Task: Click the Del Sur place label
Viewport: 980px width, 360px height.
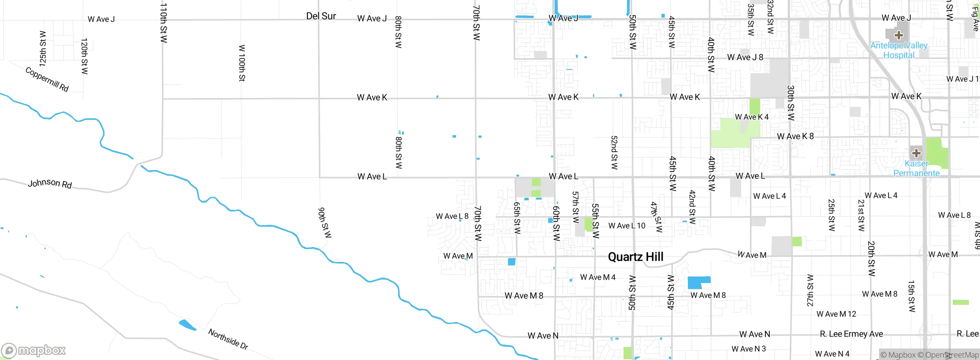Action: tap(321, 16)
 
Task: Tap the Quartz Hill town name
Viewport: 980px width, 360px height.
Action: tap(635, 257)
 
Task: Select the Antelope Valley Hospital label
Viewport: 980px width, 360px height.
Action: tap(898, 50)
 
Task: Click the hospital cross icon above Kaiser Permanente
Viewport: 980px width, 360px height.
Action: tap(916, 153)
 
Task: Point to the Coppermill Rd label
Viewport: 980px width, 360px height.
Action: tap(47, 79)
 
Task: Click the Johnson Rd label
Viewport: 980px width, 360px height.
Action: tap(50, 183)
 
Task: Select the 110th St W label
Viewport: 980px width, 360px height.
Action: tap(163, 23)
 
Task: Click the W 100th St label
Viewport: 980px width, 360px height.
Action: tap(242, 63)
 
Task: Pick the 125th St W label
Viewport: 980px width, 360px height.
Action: tap(43, 49)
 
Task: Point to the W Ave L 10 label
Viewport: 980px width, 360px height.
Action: tap(627, 226)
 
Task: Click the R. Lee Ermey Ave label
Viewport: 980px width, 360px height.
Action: tap(851, 334)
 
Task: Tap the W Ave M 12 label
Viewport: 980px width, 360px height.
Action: tap(836, 314)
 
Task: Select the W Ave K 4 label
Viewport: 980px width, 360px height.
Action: tap(751, 117)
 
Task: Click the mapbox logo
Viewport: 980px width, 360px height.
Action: tap(34, 350)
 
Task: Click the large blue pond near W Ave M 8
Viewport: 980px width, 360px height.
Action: tap(697, 283)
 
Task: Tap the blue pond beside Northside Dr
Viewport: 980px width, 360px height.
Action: tap(187, 325)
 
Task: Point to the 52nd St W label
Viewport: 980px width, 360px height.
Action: tap(614, 152)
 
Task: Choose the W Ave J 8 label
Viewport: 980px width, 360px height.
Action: tap(745, 57)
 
